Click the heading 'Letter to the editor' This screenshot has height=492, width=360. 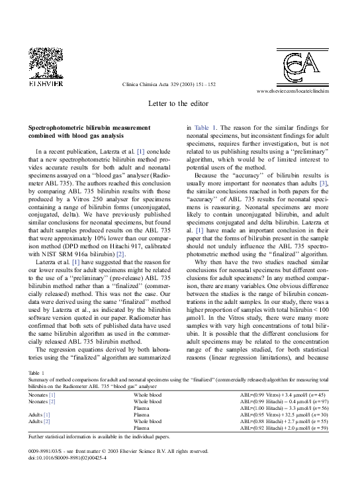179,104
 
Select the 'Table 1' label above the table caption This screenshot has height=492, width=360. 36,373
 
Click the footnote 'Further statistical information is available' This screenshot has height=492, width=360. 99,437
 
